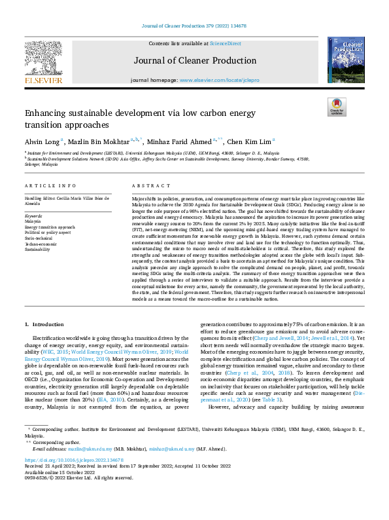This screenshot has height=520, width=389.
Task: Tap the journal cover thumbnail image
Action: pyautogui.click(x=346, y=60)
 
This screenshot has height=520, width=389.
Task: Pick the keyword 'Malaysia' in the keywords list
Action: pyautogui.click(x=33, y=222)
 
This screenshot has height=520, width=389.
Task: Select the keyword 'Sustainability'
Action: pyautogui.click(x=37, y=250)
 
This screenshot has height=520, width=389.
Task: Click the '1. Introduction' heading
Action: pyautogui.click(x=44, y=325)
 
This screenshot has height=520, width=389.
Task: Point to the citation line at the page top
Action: pyautogui.click(x=194, y=7)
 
